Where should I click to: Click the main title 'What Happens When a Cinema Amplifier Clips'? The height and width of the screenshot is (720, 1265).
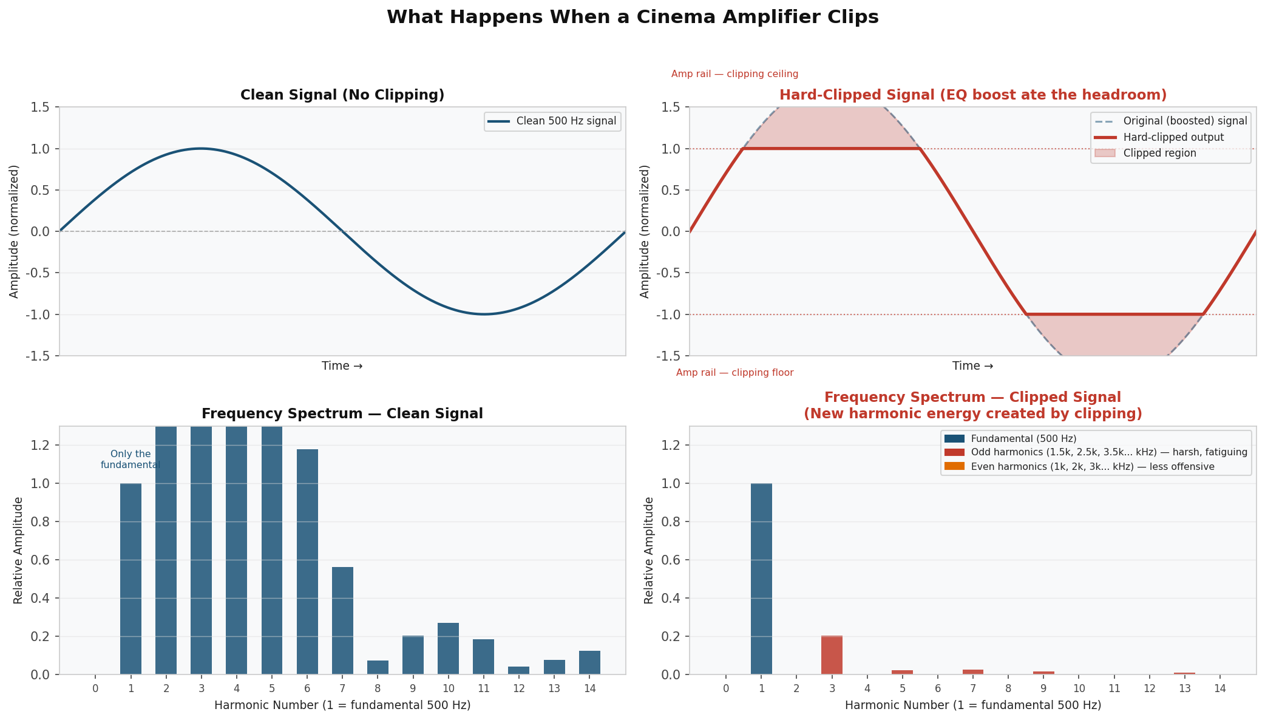[632, 17]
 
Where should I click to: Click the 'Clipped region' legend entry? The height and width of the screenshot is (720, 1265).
[1159, 154]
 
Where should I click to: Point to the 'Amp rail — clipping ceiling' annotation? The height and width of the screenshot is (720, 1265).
[734, 74]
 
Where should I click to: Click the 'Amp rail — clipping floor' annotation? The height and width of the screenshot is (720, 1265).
[734, 373]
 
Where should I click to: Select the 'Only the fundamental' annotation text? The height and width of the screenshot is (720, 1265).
[131, 460]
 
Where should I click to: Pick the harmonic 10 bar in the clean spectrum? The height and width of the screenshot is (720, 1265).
[448, 648]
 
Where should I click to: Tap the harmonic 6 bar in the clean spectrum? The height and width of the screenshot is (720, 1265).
[307, 562]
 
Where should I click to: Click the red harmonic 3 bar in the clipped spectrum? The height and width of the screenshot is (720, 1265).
[832, 655]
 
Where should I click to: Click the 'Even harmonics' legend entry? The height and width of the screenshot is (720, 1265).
[1092, 467]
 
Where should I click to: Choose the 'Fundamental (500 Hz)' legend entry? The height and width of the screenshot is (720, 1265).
[1023, 438]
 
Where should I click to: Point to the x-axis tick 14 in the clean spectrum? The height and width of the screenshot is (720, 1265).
[589, 688]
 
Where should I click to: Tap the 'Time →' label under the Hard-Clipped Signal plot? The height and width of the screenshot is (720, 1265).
[972, 366]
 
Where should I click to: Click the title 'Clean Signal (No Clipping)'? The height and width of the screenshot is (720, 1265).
[342, 95]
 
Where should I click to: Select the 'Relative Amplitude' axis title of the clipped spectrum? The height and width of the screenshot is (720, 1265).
[649, 550]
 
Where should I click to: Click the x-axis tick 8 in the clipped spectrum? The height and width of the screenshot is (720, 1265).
[1008, 688]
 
